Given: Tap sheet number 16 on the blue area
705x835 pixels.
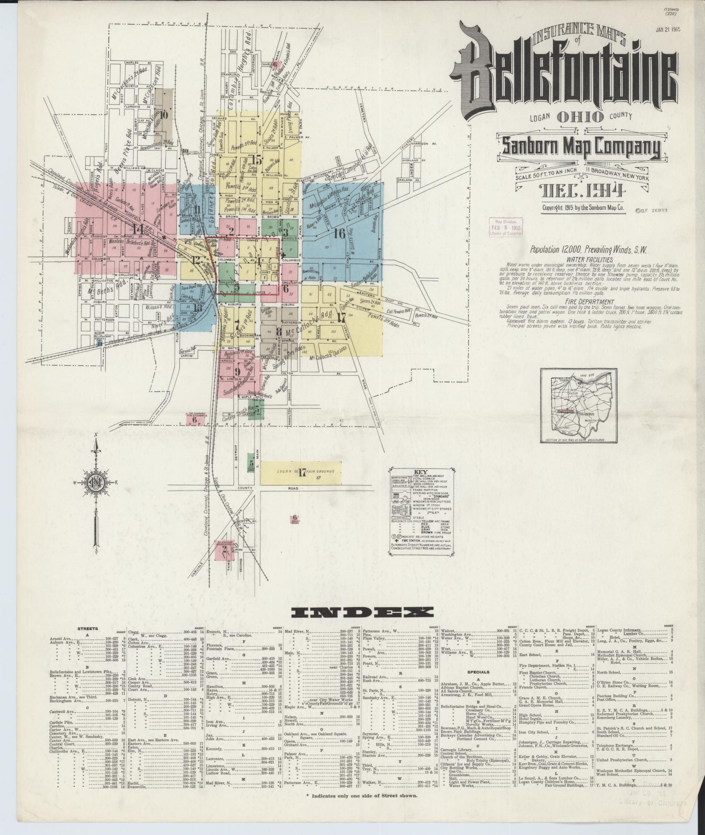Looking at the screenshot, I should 339,234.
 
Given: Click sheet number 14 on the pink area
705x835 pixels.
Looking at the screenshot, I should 138,228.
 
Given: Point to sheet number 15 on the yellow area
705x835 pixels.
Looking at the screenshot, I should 256,160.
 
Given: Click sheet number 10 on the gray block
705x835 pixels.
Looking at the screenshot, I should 164,115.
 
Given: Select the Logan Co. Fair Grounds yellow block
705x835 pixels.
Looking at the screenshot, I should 301,473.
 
